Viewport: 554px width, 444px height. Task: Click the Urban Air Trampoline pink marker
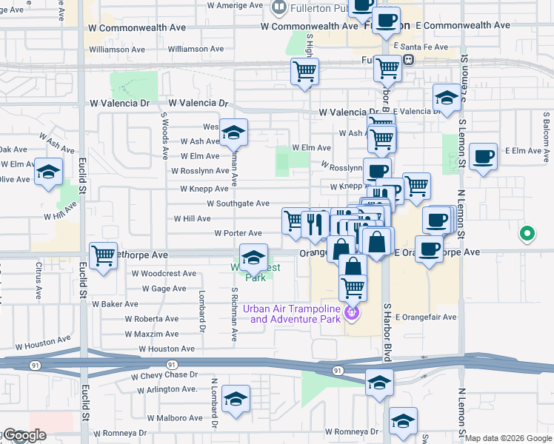[x=352, y=314]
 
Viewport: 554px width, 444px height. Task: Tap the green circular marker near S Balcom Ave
[x=527, y=235]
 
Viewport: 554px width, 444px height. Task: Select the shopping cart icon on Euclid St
[x=102, y=256]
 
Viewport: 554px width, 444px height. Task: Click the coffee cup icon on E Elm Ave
[x=483, y=156]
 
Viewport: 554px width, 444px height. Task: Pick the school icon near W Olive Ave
[x=49, y=172]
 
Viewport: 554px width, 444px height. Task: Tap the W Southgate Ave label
[x=238, y=203]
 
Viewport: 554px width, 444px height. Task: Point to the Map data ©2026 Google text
[x=507, y=438]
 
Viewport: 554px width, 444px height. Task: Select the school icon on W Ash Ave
[x=233, y=133]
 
